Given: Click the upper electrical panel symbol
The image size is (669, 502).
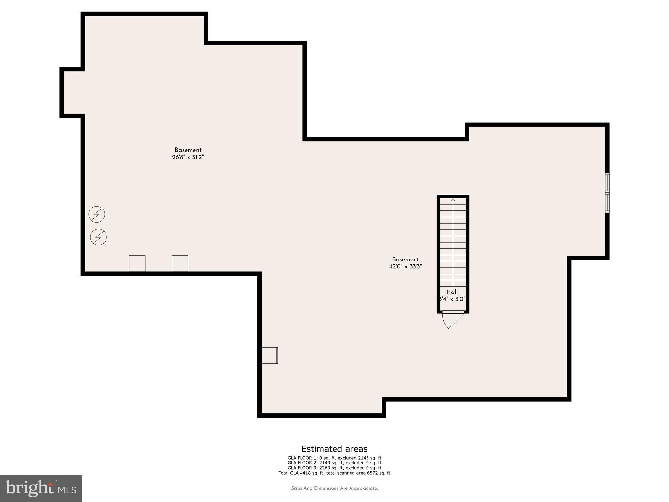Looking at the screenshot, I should pos(97,214).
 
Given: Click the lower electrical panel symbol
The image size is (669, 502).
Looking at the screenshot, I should pos(98,237).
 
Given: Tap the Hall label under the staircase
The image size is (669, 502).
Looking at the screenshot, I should pos(452,292).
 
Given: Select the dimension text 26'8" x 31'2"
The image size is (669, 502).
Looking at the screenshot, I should pos(188,157).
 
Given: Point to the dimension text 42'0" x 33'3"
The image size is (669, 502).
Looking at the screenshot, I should pos(405,266).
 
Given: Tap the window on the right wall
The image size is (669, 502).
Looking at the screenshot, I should pos(607,193).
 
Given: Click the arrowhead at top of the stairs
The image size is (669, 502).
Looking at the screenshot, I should pos(453,199).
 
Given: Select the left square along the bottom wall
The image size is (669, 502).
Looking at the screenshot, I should pos(137,263).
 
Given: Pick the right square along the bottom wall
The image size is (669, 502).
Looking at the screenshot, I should pos(180,263).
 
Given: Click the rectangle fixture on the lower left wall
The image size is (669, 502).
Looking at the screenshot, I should pos(269,355).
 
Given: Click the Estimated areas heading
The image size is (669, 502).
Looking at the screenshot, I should pos(334,449).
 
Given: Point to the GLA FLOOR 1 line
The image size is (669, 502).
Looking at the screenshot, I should pos(334,458).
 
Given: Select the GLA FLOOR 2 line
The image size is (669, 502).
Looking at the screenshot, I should pos(334,463).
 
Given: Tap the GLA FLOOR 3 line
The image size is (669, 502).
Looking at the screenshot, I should pos(334,468).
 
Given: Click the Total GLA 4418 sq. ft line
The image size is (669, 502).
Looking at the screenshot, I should pos(334,473).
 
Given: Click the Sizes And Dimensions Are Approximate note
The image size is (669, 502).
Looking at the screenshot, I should pos(334,488).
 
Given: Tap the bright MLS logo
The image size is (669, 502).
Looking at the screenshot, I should pos(41,488).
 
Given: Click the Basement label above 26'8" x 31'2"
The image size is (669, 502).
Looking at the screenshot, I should pos(188,150).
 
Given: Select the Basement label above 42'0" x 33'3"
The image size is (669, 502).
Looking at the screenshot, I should pos(405,259).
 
